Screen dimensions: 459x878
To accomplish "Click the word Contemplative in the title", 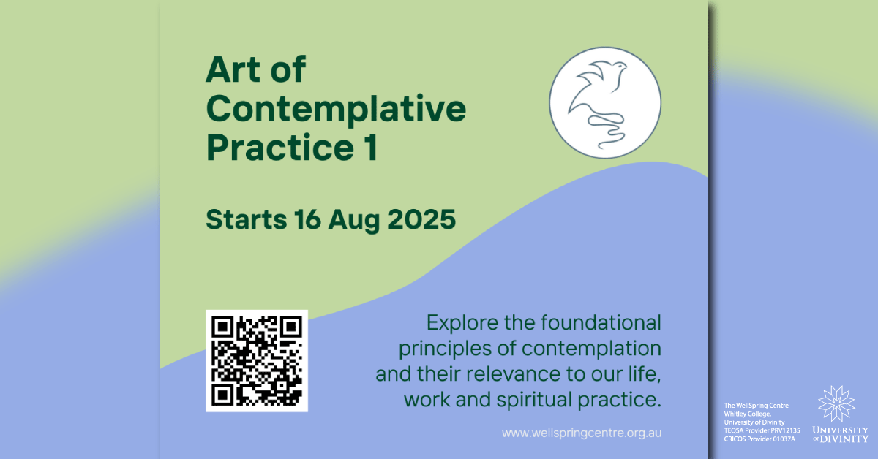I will coord(336,110).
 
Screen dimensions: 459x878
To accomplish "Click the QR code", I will coord(256,361).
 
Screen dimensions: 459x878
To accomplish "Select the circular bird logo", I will coord(605,102).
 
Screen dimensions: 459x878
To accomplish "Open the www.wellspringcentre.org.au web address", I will coord(582,433).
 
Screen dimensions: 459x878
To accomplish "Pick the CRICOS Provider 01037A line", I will coord(759,439).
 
